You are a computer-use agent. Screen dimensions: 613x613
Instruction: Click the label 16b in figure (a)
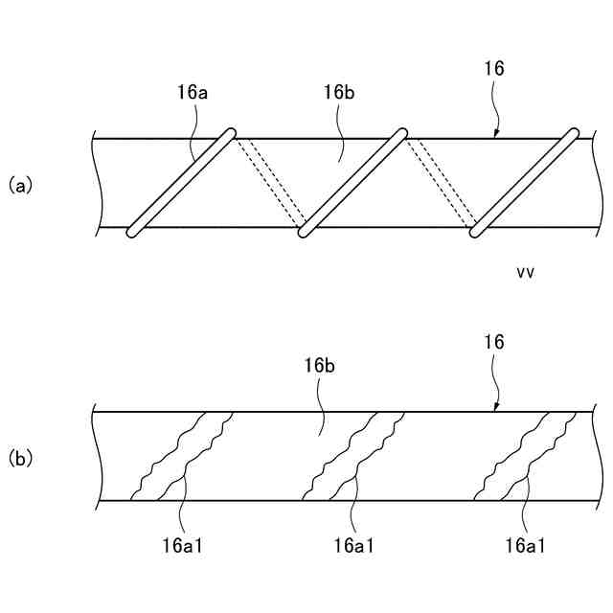pos(340,92)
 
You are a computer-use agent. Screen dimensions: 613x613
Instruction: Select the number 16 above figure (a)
pos(494,69)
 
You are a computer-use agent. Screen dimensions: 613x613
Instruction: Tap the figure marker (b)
pos(21,458)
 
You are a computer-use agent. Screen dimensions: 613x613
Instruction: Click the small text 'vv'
pos(525,272)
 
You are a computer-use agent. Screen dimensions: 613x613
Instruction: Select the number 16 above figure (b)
pos(494,342)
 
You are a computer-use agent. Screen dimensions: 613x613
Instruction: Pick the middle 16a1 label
pos(354,546)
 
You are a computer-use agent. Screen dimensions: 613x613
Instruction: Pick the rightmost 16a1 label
pos(526,546)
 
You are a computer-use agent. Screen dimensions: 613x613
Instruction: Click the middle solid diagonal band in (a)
pos(352,181)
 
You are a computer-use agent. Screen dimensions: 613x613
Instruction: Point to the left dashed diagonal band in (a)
pos(273,181)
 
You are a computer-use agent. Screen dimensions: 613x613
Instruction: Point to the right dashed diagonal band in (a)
pos(442,181)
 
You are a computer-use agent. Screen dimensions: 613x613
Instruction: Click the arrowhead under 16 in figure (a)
pos(495,135)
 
